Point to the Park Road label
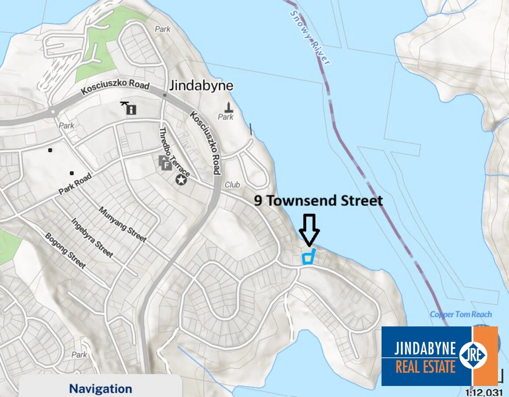click(x=75, y=184)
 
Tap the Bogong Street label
click(x=65, y=250)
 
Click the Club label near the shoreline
click(x=232, y=185)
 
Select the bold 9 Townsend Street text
click(x=318, y=201)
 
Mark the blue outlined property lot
click(x=308, y=257)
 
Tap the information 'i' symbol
click(x=131, y=109)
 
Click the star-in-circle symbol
click(x=181, y=179)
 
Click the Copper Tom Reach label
click(x=460, y=315)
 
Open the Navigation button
click(x=101, y=388)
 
